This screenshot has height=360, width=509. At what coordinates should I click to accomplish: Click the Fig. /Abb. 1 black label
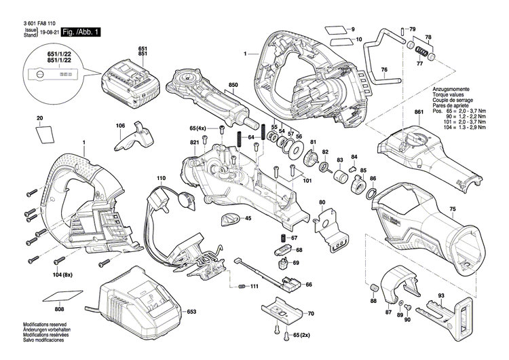click(x=81, y=33)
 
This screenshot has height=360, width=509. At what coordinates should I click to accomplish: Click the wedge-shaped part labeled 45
click(x=229, y=219)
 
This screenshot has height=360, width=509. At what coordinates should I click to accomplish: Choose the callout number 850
click(x=233, y=85)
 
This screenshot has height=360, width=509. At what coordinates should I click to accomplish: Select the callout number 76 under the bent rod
click(x=383, y=70)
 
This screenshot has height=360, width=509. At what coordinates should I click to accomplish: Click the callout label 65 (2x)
click(x=299, y=336)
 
